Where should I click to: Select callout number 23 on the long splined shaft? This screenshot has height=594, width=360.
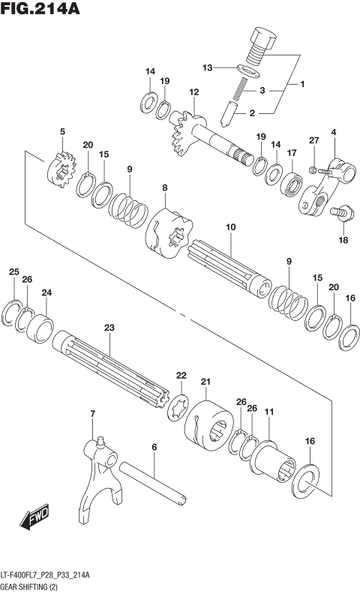109,328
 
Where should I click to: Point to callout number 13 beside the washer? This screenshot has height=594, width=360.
208,67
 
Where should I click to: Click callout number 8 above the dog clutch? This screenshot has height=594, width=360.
164,187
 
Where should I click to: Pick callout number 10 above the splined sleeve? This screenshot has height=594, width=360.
230,226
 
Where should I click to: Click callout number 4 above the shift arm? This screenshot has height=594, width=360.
334,132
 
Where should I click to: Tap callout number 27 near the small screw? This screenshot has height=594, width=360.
314,140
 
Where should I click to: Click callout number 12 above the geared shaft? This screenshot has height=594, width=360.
193,92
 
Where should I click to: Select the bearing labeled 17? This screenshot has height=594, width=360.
291,183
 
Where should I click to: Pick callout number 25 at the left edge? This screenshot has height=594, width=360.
13,271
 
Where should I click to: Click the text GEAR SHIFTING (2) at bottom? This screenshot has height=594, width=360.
34,584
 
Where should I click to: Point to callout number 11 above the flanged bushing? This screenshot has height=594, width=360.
268,412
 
